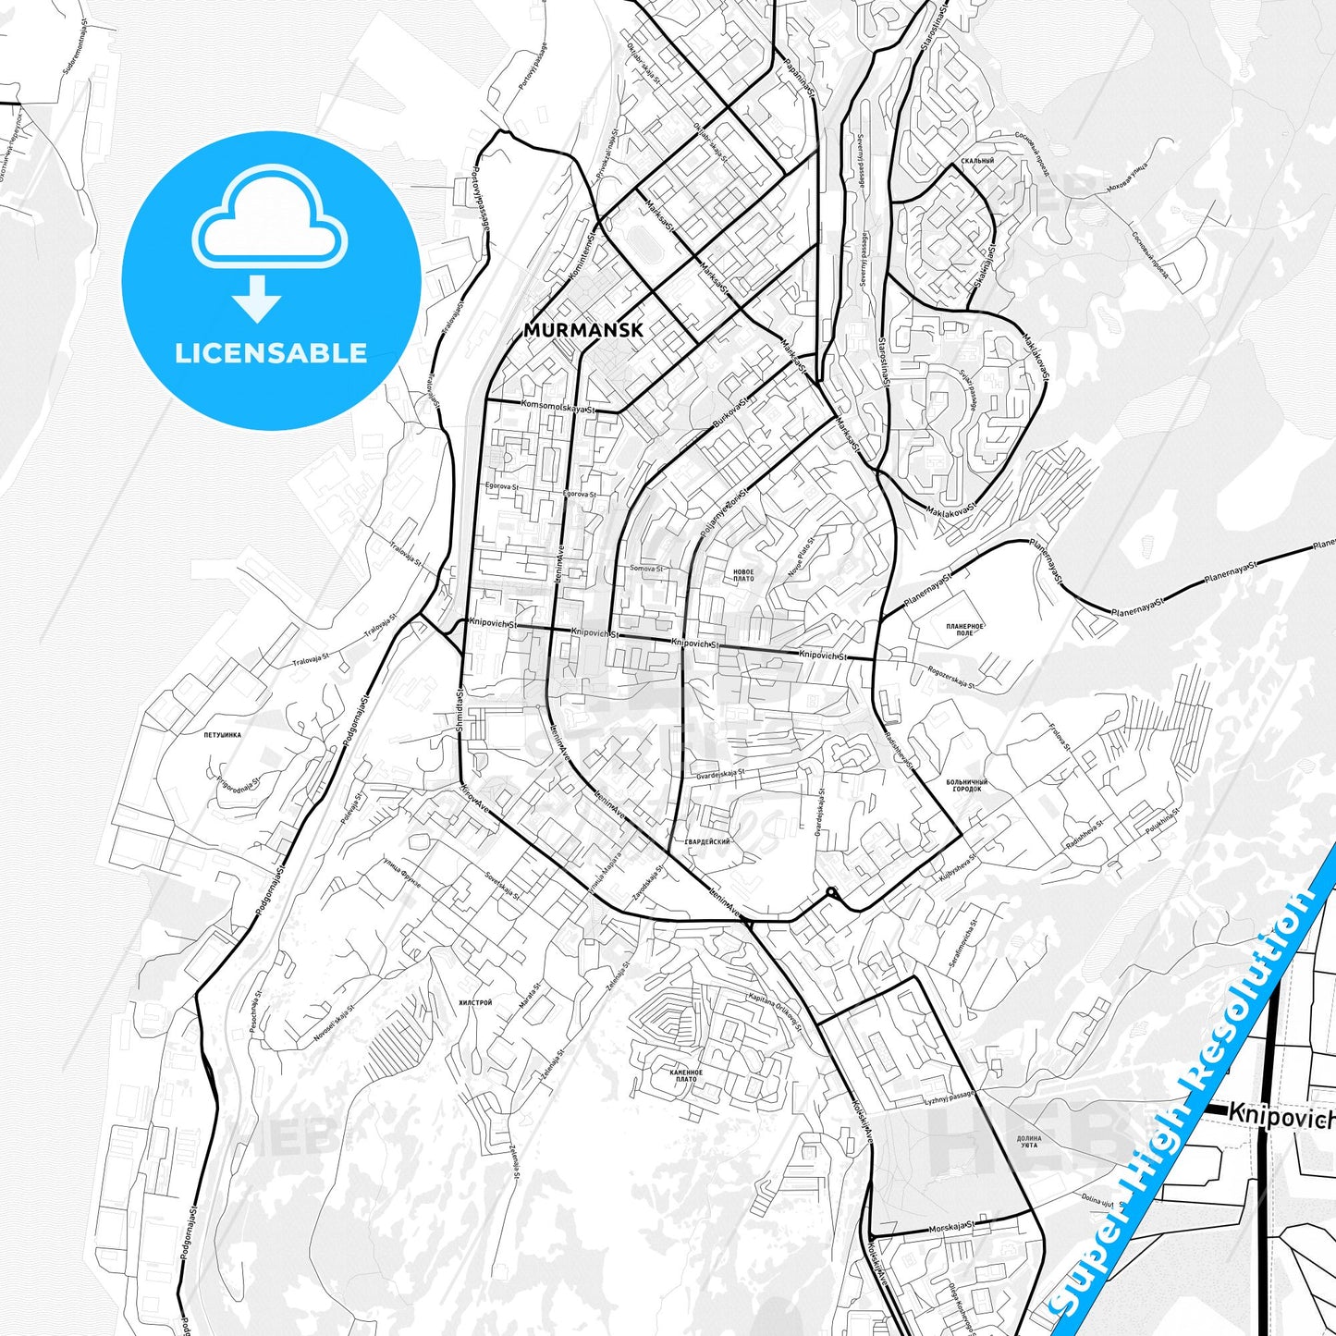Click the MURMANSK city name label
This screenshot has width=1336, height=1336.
[x=582, y=330]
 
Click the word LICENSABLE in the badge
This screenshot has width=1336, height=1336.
[x=271, y=353]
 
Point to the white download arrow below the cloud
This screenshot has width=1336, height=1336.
[x=257, y=299]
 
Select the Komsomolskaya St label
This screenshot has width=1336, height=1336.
[x=558, y=406]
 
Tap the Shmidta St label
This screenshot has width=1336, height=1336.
[x=460, y=710]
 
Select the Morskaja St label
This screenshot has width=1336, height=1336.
[x=951, y=1226]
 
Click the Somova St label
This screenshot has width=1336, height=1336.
[x=646, y=569]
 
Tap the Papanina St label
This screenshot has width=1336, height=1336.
[x=798, y=79]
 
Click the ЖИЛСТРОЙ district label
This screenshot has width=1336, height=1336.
[x=475, y=1002]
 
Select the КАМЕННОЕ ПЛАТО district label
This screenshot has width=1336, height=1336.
[x=686, y=1075]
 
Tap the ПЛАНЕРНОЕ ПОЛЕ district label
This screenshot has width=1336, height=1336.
[x=964, y=630]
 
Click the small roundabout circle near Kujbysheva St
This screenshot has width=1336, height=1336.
[x=831, y=892]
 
